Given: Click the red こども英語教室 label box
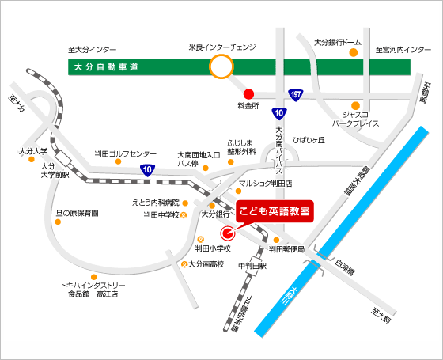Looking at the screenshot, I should pyautogui.click(x=275, y=211).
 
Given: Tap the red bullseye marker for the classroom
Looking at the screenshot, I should pyautogui.click(x=228, y=233).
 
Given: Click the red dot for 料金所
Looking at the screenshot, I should pyautogui.click(x=248, y=92).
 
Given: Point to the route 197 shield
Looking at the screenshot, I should pyautogui.click(x=294, y=94).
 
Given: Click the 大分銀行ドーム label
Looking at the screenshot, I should pyautogui.click(x=338, y=42).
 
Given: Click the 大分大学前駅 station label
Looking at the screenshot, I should pyautogui.click(x=54, y=170).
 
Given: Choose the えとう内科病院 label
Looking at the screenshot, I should pyautogui.click(x=155, y=203).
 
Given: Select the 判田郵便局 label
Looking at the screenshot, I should pyautogui.click(x=286, y=249).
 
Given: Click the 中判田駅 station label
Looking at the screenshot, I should pyautogui.click(x=252, y=267).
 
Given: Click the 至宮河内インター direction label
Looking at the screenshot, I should pyautogui.click(x=403, y=50).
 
